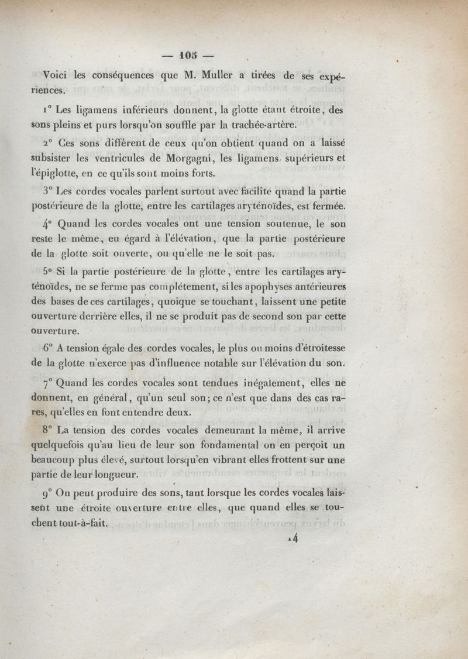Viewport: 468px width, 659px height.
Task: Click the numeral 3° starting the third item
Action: [x=49, y=190]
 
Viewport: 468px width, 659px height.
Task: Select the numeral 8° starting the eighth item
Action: [x=49, y=428]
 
